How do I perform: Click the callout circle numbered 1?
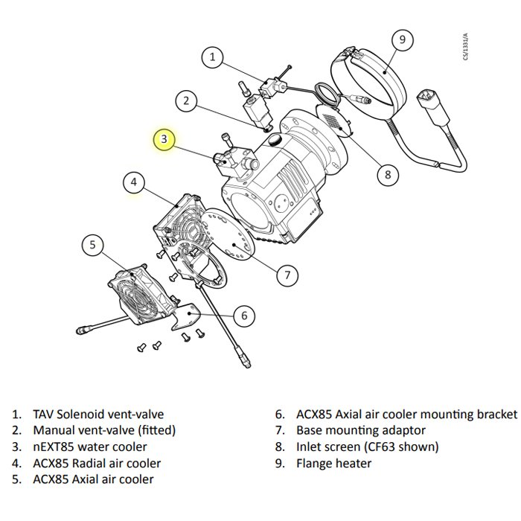[213, 57]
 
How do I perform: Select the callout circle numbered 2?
[187, 101]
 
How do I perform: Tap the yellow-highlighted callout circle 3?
[165, 139]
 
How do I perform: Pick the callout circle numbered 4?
[134, 182]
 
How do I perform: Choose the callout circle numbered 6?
[243, 316]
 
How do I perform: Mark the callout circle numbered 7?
[287, 275]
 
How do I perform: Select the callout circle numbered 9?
[402, 39]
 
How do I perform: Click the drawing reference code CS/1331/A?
[466, 47]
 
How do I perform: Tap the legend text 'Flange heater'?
[333, 463]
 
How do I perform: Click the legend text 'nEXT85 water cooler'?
[89, 447]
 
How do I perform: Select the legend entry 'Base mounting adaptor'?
[361, 430]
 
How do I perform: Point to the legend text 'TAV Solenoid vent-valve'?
[98, 414]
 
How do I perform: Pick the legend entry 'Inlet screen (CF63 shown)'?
[367, 447]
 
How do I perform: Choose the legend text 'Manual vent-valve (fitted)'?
[104, 430]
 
